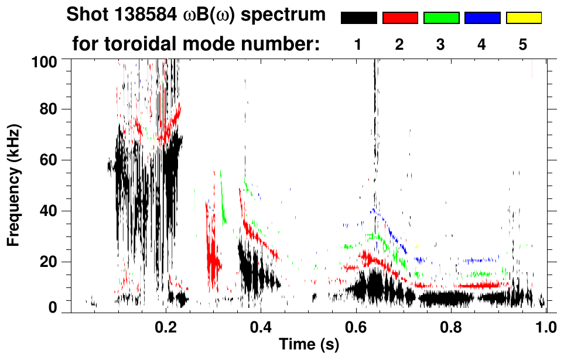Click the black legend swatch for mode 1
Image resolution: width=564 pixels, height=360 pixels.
(x=358, y=18)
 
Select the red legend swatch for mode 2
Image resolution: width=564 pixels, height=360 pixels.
(x=400, y=18)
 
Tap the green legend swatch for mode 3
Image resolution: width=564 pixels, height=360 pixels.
(x=441, y=18)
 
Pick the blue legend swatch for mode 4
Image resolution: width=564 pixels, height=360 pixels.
(x=482, y=18)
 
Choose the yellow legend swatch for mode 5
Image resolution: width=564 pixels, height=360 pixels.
(x=524, y=18)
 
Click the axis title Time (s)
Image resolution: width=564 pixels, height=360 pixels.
(x=309, y=344)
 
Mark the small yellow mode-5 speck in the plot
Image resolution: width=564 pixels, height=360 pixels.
(x=417, y=246)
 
